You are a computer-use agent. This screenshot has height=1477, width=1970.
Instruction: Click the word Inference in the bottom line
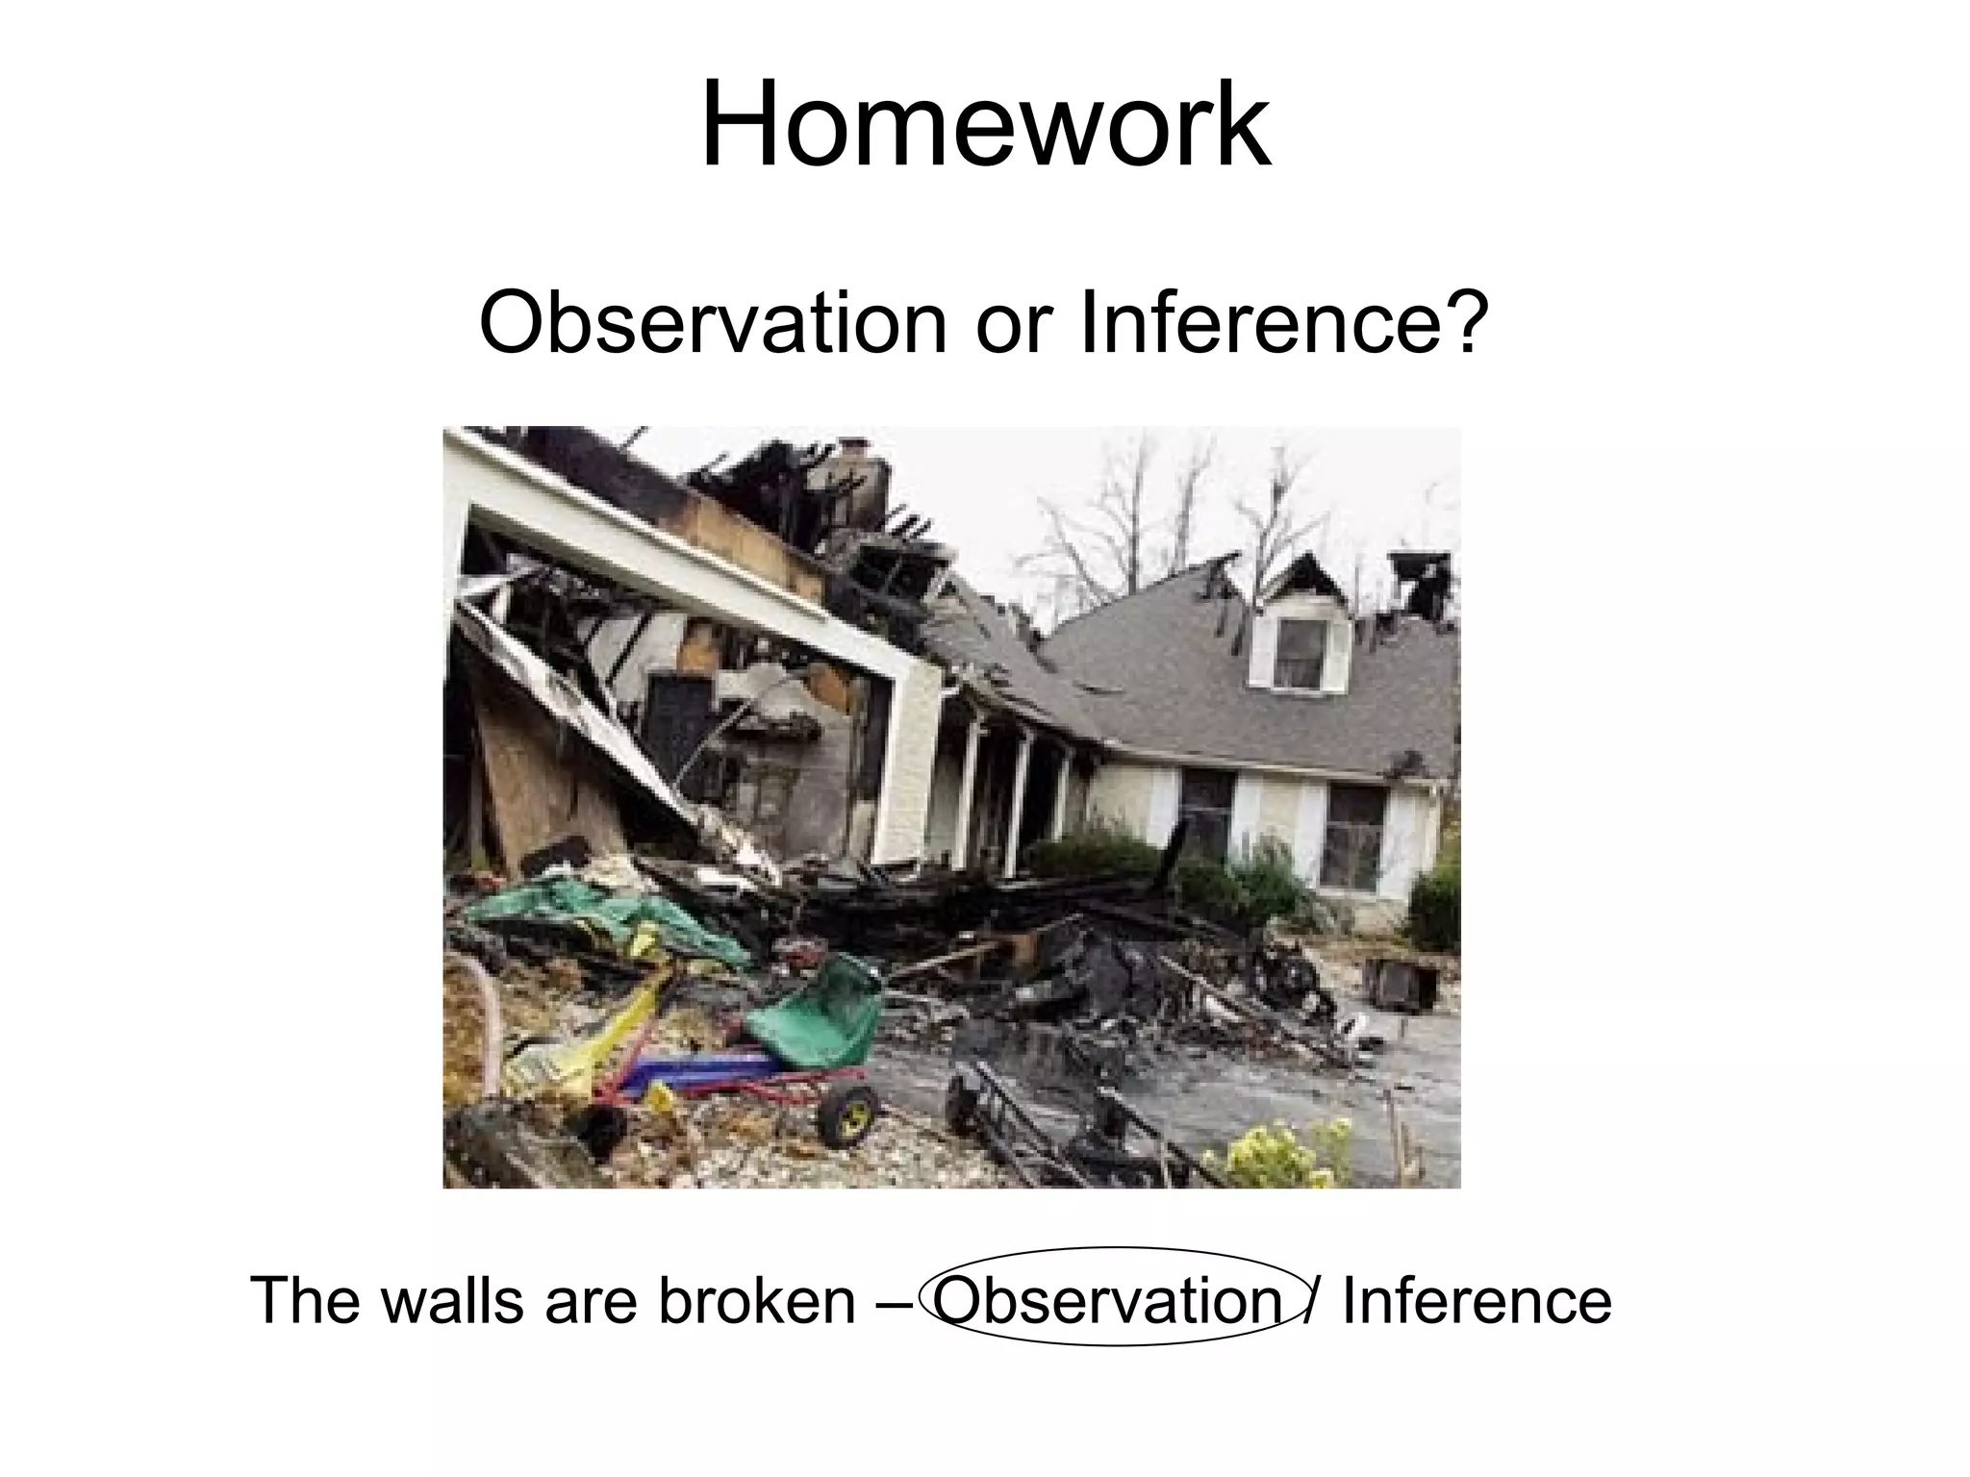[1476, 1301]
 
